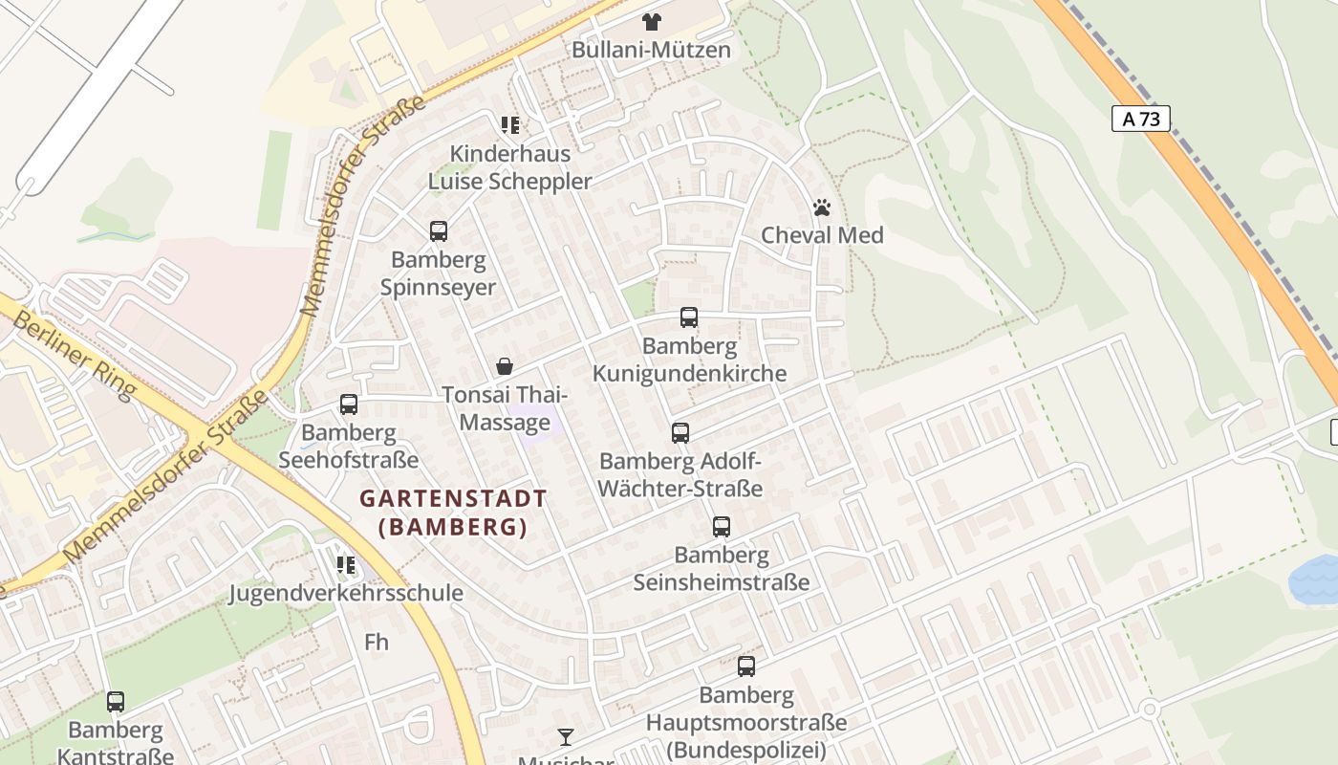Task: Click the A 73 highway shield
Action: tap(1141, 119)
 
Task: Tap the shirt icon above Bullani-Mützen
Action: tap(651, 21)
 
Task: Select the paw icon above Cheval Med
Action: tap(822, 207)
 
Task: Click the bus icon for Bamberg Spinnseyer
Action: tap(439, 230)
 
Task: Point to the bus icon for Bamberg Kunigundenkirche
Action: tap(689, 317)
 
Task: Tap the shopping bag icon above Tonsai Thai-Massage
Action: tap(505, 366)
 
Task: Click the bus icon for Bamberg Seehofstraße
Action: tap(349, 404)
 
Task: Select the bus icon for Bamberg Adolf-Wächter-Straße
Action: tap(680, 433)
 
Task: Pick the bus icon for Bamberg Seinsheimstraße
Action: tap(722, 527)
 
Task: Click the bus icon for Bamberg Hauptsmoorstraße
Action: tap(746, 667)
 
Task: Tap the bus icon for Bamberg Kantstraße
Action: tap(116, 702)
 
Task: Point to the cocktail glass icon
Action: tap(566, 736)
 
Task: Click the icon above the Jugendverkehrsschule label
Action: tap(345, 564)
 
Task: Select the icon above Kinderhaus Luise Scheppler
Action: tap(510, 125)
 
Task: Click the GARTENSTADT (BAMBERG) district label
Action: tap(453, 513)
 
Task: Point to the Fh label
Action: tap(377, 642)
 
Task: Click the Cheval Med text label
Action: tap(822, 235)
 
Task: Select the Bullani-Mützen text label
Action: tap(651, 50)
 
